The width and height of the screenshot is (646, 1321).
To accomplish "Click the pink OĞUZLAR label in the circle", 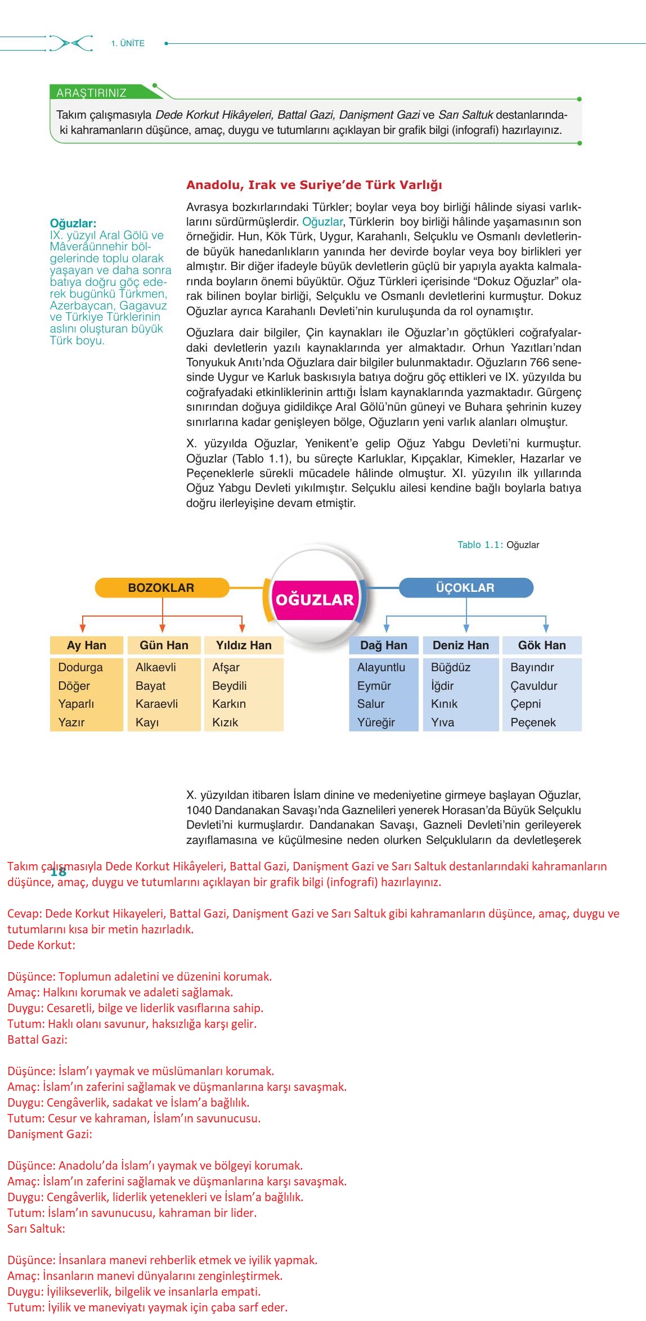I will [315, 599].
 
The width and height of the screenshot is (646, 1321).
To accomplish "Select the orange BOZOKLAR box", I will [161, 587].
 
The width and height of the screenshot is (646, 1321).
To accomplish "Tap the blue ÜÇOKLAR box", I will [465, 587].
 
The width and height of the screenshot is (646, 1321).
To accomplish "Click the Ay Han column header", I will [87, 645].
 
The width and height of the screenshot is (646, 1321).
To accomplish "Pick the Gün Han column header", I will [164, 645].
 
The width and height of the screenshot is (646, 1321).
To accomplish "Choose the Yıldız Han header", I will [244, 645].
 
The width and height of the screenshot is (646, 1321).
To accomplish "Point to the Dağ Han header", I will [384, 645].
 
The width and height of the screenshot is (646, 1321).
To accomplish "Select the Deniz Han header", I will [461, 645].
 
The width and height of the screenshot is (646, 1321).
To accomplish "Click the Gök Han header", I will [542, 645].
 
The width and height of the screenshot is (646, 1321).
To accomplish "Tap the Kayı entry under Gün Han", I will [147, 722].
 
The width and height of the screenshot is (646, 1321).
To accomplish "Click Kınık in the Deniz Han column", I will [445, 703].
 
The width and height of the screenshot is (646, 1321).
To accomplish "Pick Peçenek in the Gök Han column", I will [533, 722].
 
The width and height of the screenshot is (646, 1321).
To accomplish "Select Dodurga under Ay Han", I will [80, 667].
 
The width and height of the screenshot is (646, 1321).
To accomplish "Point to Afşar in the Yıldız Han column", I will [226, 667].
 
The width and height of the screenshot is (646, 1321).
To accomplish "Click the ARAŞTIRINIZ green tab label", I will [91, 93].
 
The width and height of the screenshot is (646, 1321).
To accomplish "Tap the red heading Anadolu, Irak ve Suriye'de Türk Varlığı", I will [314, 185].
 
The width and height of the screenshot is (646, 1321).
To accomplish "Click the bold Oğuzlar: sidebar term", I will [73, 223].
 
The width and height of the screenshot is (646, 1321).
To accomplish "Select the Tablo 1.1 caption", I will [498, 545].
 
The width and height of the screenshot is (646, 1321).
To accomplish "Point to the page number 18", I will [59, 871].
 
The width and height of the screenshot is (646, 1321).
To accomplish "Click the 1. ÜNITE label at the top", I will [128, 43].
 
